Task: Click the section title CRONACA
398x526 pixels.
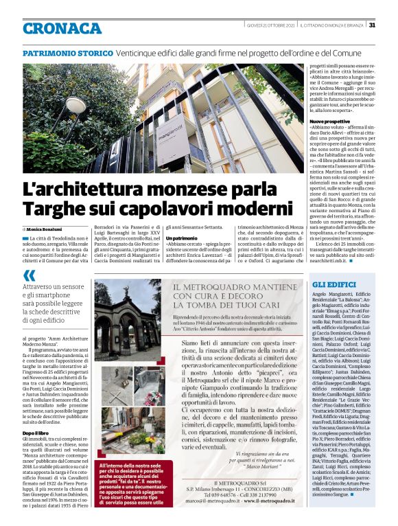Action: pyautogui.click(x=62, y=28)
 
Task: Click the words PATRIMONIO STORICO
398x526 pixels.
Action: pyautogui.click(x=68, y=54)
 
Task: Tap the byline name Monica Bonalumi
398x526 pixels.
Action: pyautogui.click(x=45, y=228)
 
